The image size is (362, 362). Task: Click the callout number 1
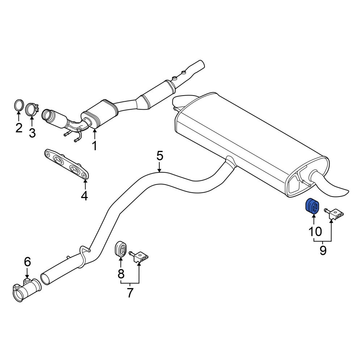coord(94,146)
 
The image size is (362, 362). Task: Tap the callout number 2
coord(19,128)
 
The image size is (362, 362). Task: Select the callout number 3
coord(32,133)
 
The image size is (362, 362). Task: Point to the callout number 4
coord(84,196)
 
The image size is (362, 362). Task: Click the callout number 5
coord(160,156)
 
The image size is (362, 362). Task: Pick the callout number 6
coord(27,262)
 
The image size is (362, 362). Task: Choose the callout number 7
coord(130,293)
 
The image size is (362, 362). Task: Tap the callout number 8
coord(121,274)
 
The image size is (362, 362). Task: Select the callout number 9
coord(323,251)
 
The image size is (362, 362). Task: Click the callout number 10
coord(315,231)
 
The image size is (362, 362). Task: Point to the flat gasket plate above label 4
coord(66,164)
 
